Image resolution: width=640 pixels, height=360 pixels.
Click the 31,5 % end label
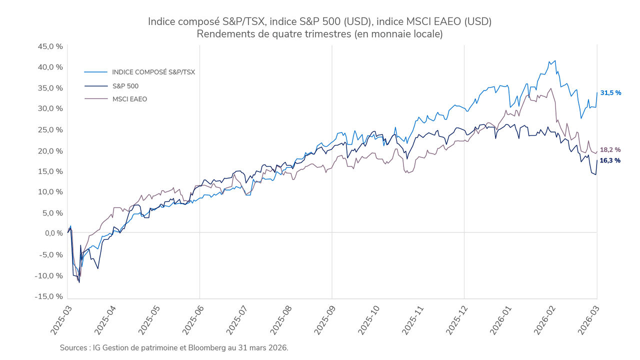pyautogui.click(x=610, y=93)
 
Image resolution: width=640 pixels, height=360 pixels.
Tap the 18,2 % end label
pyautogui.click(x=610, y=149)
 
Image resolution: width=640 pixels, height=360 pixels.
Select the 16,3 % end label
pyautogui.click(x=610, y=160)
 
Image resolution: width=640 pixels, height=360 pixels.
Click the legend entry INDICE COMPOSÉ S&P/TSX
pyautogui.click(x=153, y=72)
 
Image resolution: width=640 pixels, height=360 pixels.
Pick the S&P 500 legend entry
pyautogui.click(x=125, y=86)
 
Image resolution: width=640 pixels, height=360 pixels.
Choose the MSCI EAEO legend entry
pyautogui.click(x=129, y=99)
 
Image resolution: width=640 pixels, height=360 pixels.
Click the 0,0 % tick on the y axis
pyautogui.click(x=53, y=233)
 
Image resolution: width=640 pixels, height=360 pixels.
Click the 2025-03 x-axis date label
pyautogui.click(x=59, y=320)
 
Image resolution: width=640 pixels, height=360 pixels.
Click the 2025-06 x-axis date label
pyautogui.click(x=192, y=320)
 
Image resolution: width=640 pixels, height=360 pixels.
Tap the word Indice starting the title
pyautogui.click(x=162, y=21)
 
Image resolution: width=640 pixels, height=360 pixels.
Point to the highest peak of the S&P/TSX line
pyautogui.click(x=555, y=61)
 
